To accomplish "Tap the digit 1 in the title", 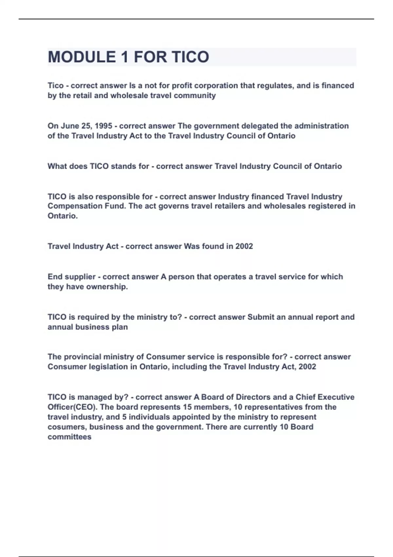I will click(124, 57).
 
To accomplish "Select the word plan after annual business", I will click(120, 327).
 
